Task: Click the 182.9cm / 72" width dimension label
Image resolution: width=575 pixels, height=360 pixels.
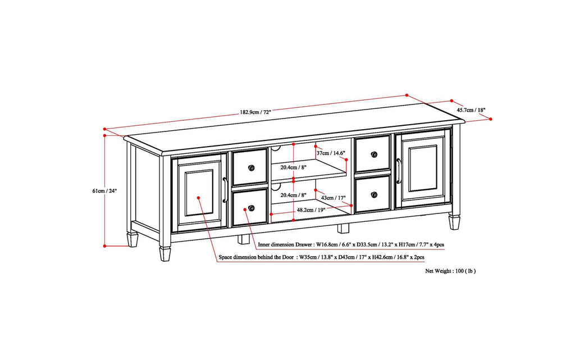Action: coord(255,112)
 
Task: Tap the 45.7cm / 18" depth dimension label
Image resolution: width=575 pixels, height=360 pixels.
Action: coord(471,110)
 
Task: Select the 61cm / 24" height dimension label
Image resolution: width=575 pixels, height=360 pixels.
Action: coord(104,191)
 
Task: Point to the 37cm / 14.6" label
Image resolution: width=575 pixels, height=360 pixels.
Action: coord(330,153)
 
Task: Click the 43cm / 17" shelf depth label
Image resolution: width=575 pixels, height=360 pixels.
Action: coord(334,197)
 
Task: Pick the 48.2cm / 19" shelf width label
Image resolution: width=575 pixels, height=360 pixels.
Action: coord(311,209)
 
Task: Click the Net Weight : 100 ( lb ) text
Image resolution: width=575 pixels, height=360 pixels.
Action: coord(450,271)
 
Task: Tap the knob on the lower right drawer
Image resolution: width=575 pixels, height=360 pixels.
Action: coord(374,194)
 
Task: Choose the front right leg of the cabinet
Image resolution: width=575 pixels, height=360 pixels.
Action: coord(454,221)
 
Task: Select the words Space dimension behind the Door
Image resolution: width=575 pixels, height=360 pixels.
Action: coord(257,257)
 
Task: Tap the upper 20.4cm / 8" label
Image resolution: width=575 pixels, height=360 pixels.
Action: coord(294,167)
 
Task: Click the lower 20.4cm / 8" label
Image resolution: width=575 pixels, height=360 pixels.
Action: coord(294,194)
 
